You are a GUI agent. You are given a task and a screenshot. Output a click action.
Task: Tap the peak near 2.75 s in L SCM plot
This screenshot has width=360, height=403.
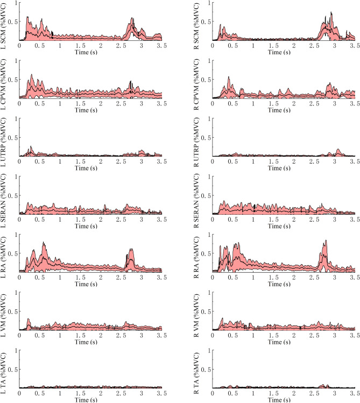point(132,18)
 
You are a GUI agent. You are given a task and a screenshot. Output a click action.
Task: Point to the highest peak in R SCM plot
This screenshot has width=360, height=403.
point(331,12)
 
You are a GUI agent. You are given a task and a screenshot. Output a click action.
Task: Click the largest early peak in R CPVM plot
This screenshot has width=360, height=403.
point(229,77)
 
